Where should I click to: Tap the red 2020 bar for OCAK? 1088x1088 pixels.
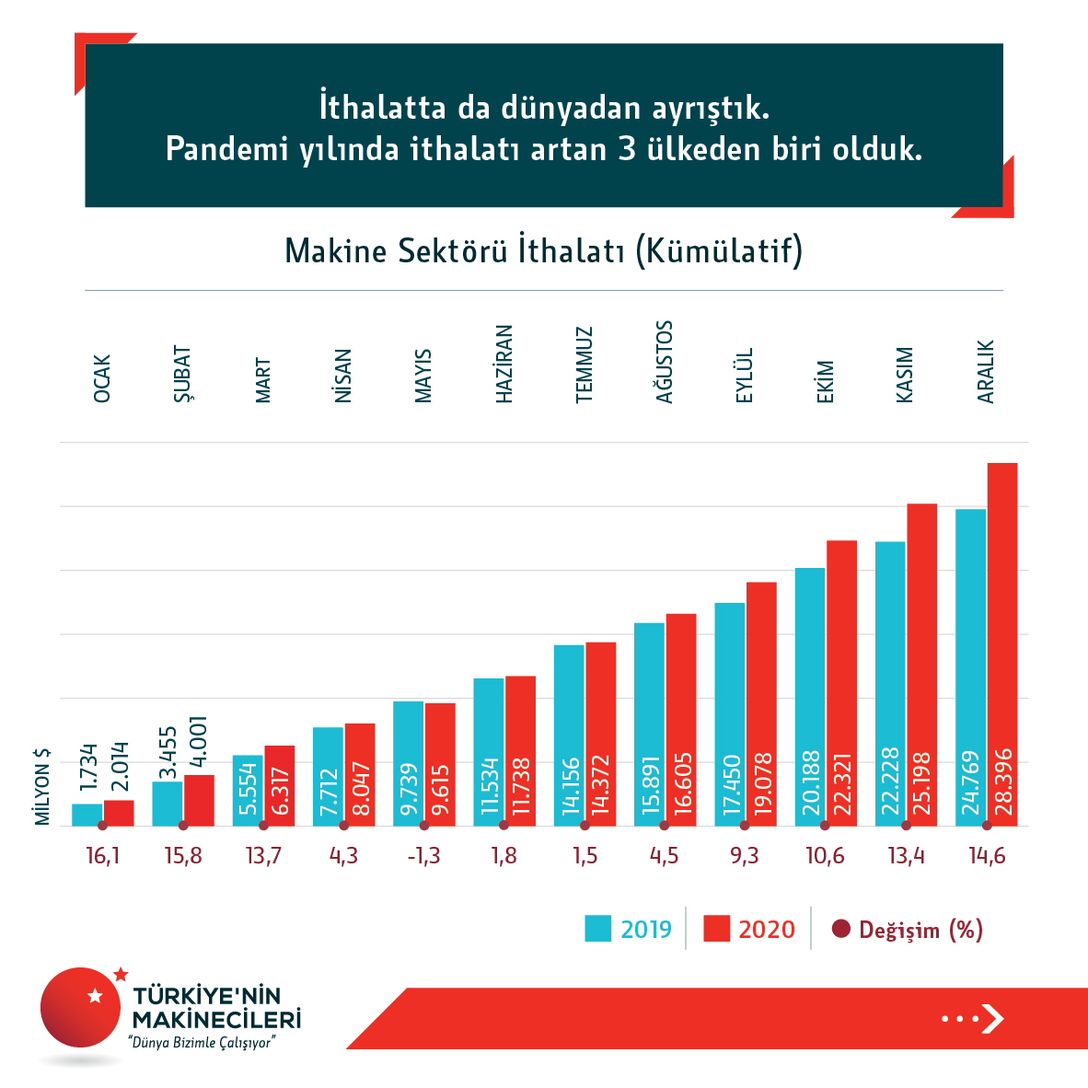click(x=119, y=813)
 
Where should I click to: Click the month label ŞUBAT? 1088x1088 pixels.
click(x=182, y=375)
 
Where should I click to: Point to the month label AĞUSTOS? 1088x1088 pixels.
click(x=664, y=362)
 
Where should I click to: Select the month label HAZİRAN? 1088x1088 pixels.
click(x=503, y=364)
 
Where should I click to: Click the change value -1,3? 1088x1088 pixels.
click(x=423, y=856)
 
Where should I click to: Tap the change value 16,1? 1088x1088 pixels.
click(x=102, y=856)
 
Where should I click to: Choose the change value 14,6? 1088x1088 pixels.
click(x=987, y=856)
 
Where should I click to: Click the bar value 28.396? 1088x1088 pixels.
click(x=1003, y=782)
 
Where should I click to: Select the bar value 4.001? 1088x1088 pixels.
click(x=199, y=743)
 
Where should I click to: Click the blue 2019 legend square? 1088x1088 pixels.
click(x=598, y=929)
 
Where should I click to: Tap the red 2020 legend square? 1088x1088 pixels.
click(x=716, y=929)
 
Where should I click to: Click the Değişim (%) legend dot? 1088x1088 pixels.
click(x=840, y=929)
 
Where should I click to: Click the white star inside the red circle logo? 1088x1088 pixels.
click(x=94, y=995)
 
